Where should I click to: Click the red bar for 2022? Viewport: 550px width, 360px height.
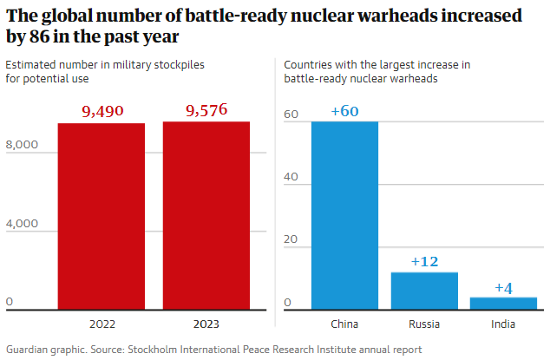click(x=101, y=216)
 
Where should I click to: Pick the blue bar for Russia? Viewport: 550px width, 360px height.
click(x=424, y=291)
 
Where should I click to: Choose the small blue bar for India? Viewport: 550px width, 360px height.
click(x=503, y=303)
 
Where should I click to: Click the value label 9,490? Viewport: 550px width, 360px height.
click(x=101, y=111)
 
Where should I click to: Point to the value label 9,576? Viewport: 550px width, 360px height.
click(x=206, y=110)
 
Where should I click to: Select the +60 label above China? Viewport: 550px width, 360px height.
click(x=344, y=110)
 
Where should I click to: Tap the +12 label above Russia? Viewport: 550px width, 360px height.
click(x=424, y=261)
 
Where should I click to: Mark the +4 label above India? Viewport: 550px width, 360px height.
click(x=503, y=287)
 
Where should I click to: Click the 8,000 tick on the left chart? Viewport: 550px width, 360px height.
click(x=23, y=145)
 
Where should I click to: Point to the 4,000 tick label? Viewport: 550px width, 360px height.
click(x=23, y=224)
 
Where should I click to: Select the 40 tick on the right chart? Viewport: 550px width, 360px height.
click(x=291, y=177)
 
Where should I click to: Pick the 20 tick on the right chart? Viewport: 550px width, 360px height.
click(x=291, y=239)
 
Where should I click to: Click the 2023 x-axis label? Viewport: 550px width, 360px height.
click(x=206, y=324)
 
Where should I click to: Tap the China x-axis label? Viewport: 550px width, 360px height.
click(x=344, y=324)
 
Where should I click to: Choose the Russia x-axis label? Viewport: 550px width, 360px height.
click(x=424, y=324)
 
